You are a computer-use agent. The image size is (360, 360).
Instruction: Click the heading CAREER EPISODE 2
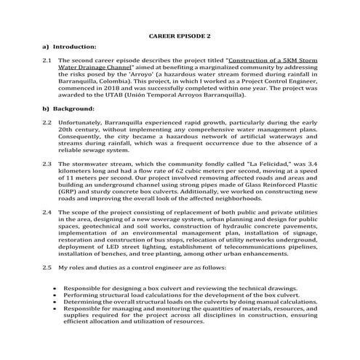tap(180, 35)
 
